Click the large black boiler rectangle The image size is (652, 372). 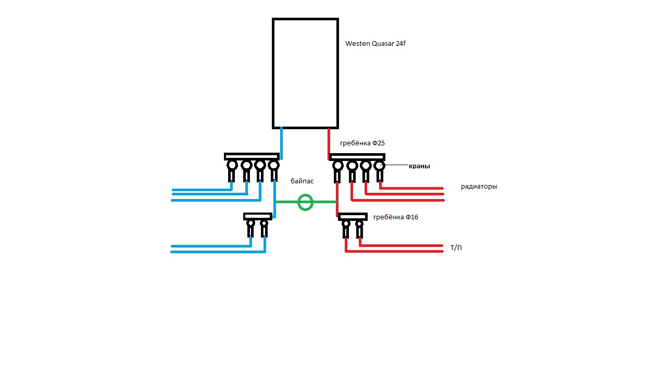point(273,73)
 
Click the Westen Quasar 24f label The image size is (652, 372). point(375,44)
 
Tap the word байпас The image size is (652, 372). point(302,181)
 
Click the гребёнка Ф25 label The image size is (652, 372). point(362,143)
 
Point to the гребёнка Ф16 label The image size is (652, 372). point(396,217)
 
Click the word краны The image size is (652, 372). point(419,166)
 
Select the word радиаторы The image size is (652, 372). point(479,187)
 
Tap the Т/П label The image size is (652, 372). point(456,247)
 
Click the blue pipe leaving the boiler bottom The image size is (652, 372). point(281,143)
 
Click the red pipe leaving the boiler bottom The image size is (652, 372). point(329,144)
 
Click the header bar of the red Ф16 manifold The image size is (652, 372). point(353,217)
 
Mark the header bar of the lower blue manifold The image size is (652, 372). point(258,216)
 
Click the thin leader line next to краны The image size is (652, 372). point(396,165)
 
